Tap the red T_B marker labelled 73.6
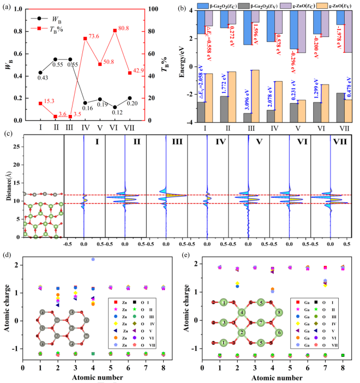tap(86, 38)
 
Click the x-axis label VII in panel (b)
tap(337, 131)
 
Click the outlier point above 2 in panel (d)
tap(93, 259)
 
